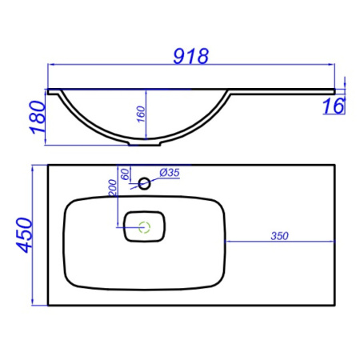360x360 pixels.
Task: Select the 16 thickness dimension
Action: click(336, 106)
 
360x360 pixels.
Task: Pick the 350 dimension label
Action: click(278, 236)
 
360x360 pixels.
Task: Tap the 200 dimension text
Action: click(114, 188)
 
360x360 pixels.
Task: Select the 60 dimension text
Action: click(124, 174)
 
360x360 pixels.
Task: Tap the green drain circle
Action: click(145, 226)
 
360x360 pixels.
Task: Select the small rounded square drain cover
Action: click(145, 226)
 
